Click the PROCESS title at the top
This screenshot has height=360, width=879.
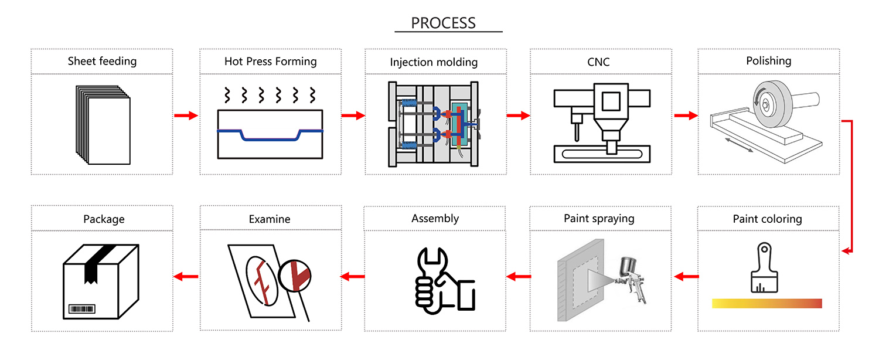pos(443,23)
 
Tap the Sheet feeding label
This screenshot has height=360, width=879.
pos(102,61)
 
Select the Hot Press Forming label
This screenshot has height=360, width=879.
pos(270,61)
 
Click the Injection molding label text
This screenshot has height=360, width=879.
pos(434,62)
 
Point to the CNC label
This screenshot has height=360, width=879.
pos(598,62)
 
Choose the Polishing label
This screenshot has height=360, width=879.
pos(768,61)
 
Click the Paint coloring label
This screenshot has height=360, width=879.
pos(767,219)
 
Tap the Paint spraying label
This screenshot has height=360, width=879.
pos(599,219)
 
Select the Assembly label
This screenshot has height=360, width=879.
pos(435,219)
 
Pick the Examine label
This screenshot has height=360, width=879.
pos(270,219)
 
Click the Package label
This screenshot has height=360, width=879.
pos(104,219)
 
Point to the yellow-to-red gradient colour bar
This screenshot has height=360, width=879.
pos(766,304)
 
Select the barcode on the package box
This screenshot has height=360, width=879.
pos(81,308)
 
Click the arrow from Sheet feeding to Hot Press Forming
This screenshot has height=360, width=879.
pos(186,116)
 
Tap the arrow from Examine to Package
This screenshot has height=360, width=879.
pos(186,276)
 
